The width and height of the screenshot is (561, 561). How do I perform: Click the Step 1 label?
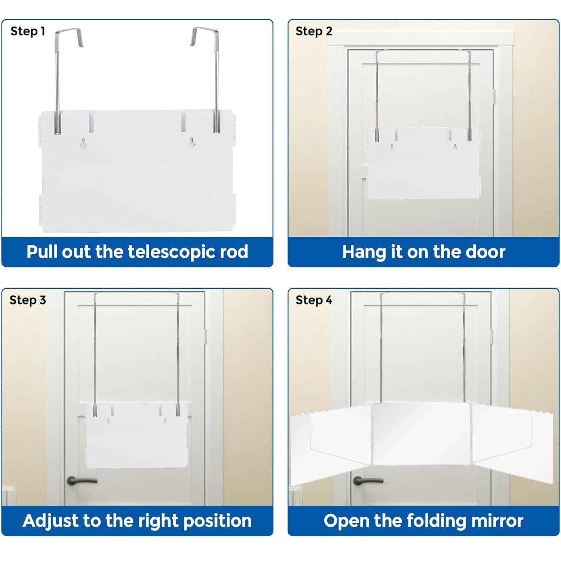click(28, 31)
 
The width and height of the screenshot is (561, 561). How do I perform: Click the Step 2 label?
click(314, 31)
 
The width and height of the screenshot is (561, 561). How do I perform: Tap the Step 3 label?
click(28, 300)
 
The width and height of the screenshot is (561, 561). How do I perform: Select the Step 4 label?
click(314, 300)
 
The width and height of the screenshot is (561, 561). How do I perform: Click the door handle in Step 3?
click(80, 480)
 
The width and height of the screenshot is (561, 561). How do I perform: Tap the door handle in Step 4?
click(367, 480)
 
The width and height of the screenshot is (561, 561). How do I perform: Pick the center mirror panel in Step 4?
click(422, 434)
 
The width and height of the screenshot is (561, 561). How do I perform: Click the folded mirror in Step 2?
click(423, 165)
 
